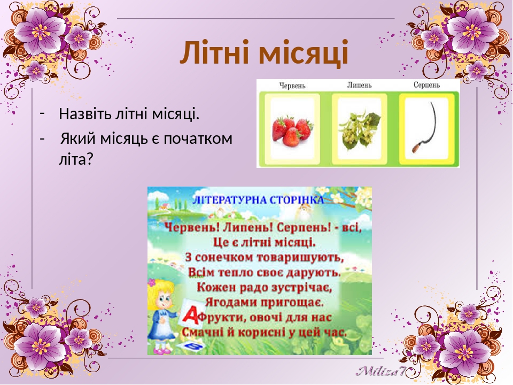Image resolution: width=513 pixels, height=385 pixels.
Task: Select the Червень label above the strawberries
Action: (292, 86)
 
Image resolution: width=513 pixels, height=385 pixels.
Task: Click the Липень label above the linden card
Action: (359, 85)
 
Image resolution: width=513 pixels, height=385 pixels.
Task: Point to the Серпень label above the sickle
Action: (426, 85)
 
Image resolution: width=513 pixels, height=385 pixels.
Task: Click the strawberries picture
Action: (292, 132)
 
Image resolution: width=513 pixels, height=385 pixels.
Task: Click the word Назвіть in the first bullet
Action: (85, 114)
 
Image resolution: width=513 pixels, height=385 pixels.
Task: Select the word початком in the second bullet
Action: (198, 139)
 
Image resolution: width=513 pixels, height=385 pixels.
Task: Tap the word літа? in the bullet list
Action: (76, 159)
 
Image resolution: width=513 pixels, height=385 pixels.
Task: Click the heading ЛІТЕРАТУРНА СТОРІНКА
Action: (258, 199)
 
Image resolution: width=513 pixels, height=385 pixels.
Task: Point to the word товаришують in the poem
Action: (300, 257)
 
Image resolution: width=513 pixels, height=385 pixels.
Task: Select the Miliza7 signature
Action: (381, 371)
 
